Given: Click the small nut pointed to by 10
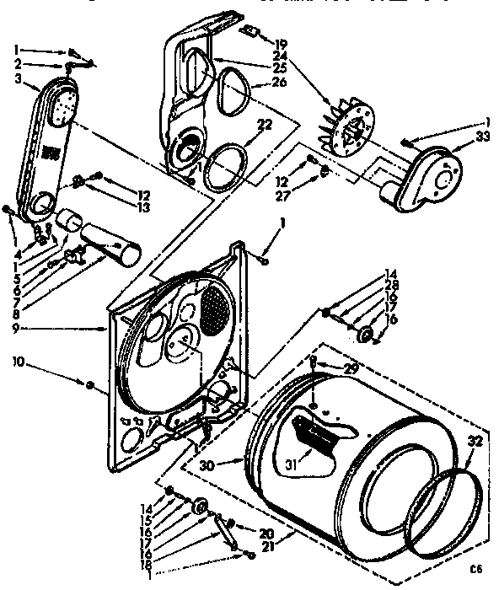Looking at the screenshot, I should click(89, 384).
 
